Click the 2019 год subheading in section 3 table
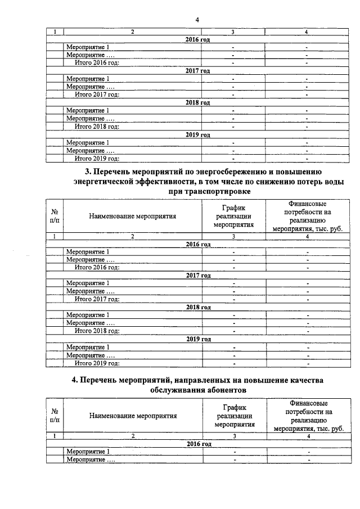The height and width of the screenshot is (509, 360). pos(199,340)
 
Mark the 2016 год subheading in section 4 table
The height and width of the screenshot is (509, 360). pos(199,444)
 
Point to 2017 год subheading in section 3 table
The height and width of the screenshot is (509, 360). pos(199,276)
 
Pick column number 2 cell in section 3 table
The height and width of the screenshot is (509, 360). pos(133,237)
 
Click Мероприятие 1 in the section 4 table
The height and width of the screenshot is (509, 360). pos(88,452)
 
